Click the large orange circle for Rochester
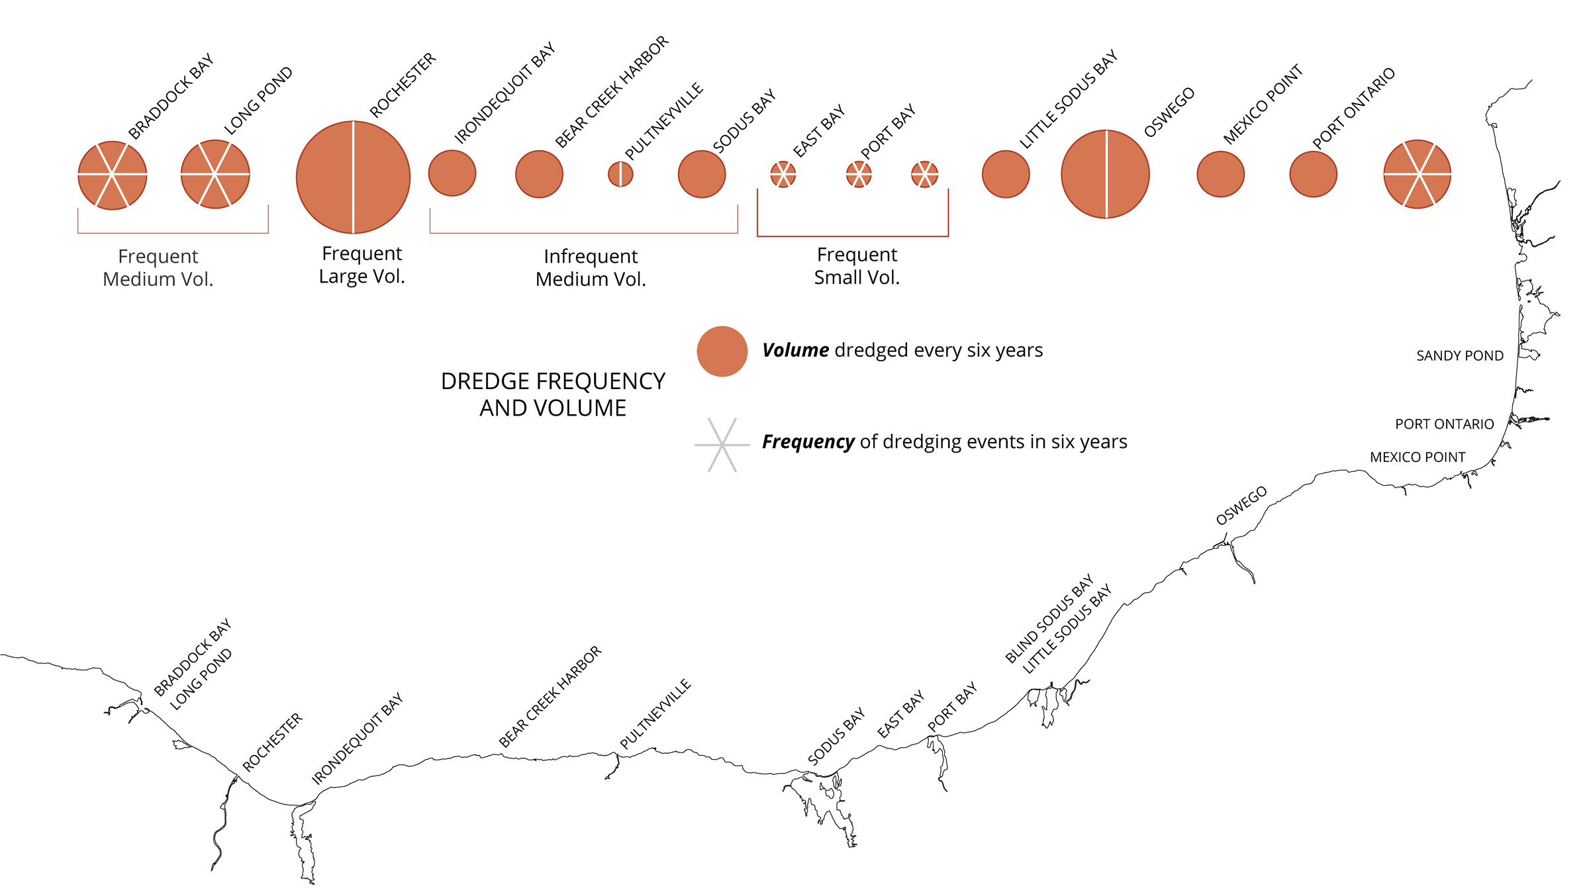click(x=353, y=177)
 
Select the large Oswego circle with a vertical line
click(x=1105, y=174)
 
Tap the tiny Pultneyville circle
click(x=620, y=174)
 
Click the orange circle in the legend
click(x=722, y=351)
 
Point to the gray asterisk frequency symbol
click(x=722, y=445)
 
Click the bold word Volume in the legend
click(x=795, y=350)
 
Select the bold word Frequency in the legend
click(x=808, y=441)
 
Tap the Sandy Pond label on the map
click(x=1459, y=356)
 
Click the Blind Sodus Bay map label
click(x=1049, y=619)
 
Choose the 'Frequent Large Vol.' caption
click(x=361, y=265)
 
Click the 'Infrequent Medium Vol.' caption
click(x=591, y=267)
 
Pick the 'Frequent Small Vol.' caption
click(x=857, y=266)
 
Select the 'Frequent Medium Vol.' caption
click(x=158, y=267)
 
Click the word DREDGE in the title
click(x=485, y=382)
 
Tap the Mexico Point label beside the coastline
click(x=1417, y=457)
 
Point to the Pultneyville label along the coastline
click(x=655, y=714)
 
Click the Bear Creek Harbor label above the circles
click(x=611, y=92)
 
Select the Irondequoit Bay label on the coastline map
click(x=358, y=738)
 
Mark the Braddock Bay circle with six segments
click(x=113, y=175)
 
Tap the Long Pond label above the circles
click(x=258, y=101)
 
